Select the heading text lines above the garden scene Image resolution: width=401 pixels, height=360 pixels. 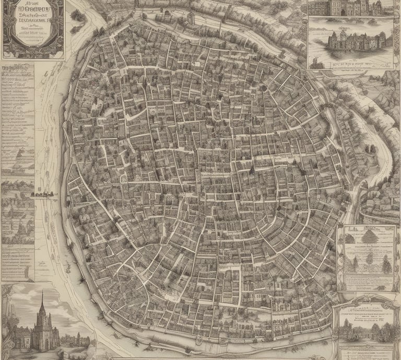(365, 312)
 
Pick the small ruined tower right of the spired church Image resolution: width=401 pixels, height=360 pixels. (78, 338)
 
